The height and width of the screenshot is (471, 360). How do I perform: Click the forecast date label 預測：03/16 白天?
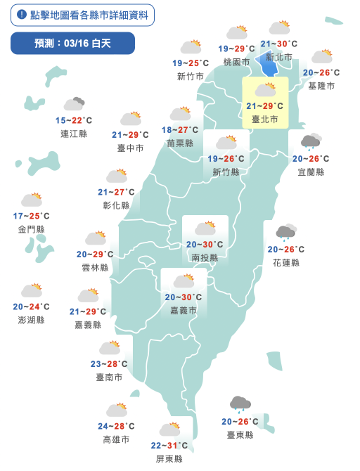coord(72,44)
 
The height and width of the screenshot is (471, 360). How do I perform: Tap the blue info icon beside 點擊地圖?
coord(21,15)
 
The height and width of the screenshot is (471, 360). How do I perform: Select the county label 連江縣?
coord(74,134)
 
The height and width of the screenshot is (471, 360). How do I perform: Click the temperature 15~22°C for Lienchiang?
coord(74,121)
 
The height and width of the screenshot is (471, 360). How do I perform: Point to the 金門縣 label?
coord(32,229)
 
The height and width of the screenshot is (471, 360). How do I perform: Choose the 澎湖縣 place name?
coord(32,320)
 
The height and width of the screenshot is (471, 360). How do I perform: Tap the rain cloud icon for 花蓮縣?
coord(285,232)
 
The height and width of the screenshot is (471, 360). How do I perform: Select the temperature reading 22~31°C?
coord(169,446)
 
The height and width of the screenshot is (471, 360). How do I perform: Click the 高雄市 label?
coord(116,439)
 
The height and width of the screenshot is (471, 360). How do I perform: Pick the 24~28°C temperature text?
coord(116,427)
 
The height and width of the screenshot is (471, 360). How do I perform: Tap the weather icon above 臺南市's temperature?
coord(110,347)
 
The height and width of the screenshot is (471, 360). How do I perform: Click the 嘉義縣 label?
coord(88,325)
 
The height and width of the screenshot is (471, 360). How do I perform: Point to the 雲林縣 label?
coord(95,267)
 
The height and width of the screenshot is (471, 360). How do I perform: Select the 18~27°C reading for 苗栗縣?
coord(180,130)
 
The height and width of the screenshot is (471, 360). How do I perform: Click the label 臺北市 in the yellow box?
coord(265,120)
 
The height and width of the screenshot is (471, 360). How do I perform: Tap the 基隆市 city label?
coord(321,86)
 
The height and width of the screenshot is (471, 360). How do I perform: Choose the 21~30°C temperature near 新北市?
coord(278,44)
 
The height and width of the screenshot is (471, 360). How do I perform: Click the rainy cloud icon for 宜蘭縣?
coord(311,142)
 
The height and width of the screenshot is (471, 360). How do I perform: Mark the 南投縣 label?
coord(205,258)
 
